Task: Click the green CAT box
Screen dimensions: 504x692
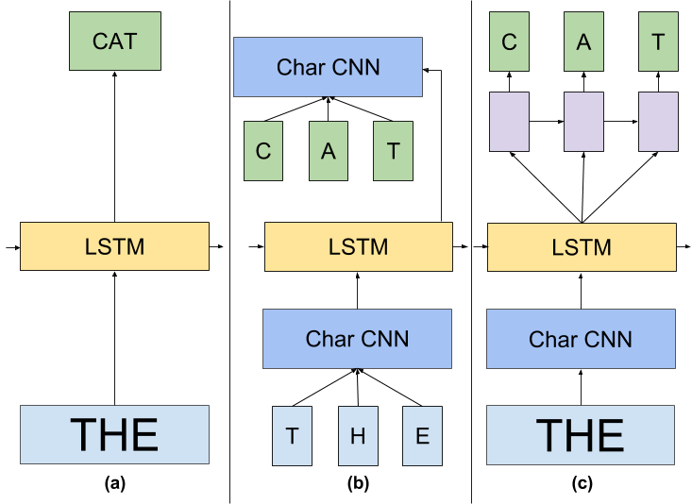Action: pos(115,42)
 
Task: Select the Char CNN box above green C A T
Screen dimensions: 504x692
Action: pos(328,67)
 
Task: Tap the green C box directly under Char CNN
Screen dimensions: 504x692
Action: pos(263,151)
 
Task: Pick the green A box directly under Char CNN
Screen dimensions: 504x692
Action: pos(329,151)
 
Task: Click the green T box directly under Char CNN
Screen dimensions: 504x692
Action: pos(393,151)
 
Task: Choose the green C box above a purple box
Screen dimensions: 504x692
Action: pos(509,42)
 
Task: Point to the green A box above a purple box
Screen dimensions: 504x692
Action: pos(583,42)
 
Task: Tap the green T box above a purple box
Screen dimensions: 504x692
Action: pos(658,42)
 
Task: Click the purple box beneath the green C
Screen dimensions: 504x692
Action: pos(509,122)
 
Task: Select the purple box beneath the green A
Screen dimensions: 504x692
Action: pos(583,122)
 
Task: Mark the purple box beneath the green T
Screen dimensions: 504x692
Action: pos(658,122)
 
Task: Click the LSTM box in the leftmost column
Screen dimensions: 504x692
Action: pos(114,246)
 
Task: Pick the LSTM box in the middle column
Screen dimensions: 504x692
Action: pos(359,247)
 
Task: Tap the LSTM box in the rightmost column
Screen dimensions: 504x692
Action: pos(582,247)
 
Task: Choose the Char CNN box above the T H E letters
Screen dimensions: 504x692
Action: pos(357,339)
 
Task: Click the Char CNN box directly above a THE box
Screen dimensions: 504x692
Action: pos(581,339)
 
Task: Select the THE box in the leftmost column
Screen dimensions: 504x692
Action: pos(114,435)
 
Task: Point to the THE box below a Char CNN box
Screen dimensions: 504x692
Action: pos(581,435)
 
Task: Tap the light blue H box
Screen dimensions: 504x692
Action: pos(358,436)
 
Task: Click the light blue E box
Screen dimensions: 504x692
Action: pos(422,436)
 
